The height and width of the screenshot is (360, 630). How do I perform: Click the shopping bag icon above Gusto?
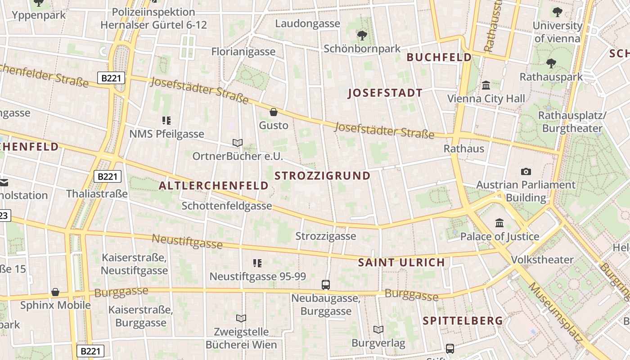tap(273, 112)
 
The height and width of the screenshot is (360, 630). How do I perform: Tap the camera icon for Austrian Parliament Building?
tap(526, 171)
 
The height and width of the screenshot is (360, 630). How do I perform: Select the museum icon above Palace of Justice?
tap(499, 223)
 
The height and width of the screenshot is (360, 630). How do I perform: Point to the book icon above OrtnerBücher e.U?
tap(238, 143)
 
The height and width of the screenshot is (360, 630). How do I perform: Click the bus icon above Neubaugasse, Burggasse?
tap(326, 284)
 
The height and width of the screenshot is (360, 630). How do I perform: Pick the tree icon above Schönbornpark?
tap(362, 35)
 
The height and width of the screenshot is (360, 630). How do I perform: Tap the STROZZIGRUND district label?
tap(322, 175)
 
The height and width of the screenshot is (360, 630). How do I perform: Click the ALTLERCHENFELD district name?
tap(214, 185)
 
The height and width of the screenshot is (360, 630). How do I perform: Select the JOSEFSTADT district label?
tap(385, 93)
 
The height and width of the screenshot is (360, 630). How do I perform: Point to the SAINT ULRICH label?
tap(401, 262)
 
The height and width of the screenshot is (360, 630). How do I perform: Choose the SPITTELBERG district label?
tap(463, 320)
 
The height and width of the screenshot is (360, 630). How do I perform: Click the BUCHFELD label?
tap(439, 57)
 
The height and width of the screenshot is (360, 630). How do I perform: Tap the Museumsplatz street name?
tap(555, 312)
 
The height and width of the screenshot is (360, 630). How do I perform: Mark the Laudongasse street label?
tap(307, 23)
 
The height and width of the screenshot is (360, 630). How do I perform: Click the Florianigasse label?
tap(243, 51)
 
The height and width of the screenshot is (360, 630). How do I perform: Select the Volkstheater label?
tap(542, 260)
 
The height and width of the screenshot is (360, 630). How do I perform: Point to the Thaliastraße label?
tap(97, 194)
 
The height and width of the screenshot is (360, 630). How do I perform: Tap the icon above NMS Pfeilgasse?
tap(167, 120)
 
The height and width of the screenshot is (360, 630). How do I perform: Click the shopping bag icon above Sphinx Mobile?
tap(55, 292)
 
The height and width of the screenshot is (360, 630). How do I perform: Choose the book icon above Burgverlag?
tap(378, 329)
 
